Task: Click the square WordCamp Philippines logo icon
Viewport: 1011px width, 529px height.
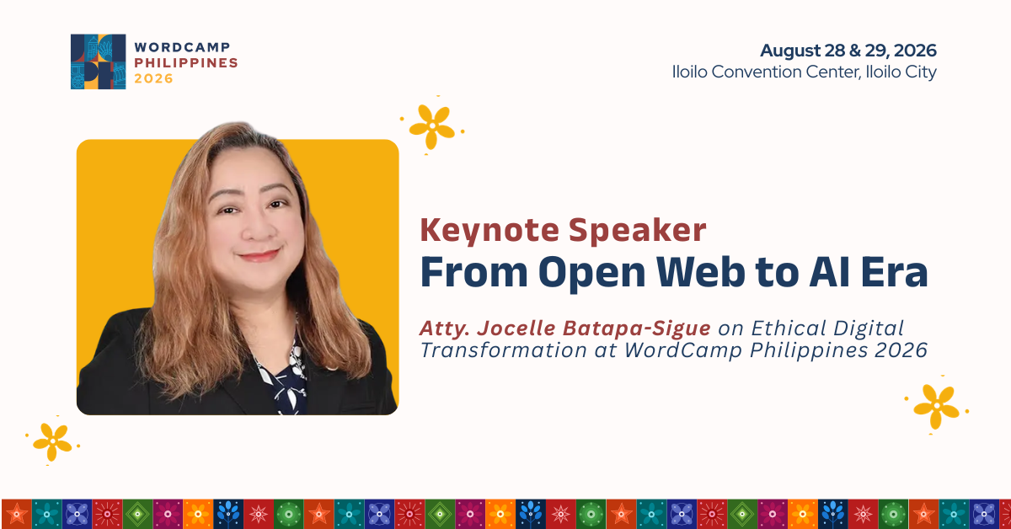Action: tap(98, 61)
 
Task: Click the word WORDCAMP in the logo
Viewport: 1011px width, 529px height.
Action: tap(182, 47)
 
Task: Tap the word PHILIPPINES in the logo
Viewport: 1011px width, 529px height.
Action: tap(186, 62)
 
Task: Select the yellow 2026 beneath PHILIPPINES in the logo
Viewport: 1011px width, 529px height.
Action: tap(153, 78)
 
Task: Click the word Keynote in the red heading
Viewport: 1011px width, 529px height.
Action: tap(490, 230)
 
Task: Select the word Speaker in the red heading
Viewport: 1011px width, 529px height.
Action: tap(637, 230)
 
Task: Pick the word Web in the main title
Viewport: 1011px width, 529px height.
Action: tap(700, 272)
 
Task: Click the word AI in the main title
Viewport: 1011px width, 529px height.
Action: tap(830, 272)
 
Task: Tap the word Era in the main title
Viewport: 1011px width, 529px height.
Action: tap(894, 272)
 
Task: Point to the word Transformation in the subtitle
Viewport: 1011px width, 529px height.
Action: tap(503, 350)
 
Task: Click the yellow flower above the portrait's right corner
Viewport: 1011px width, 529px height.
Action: tap(432, 127)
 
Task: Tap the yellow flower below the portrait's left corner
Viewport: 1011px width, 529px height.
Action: tap(52, 441)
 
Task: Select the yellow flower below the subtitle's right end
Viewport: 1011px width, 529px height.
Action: tap(936, 406)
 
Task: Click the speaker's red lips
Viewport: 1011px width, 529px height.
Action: tap(259, 256)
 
